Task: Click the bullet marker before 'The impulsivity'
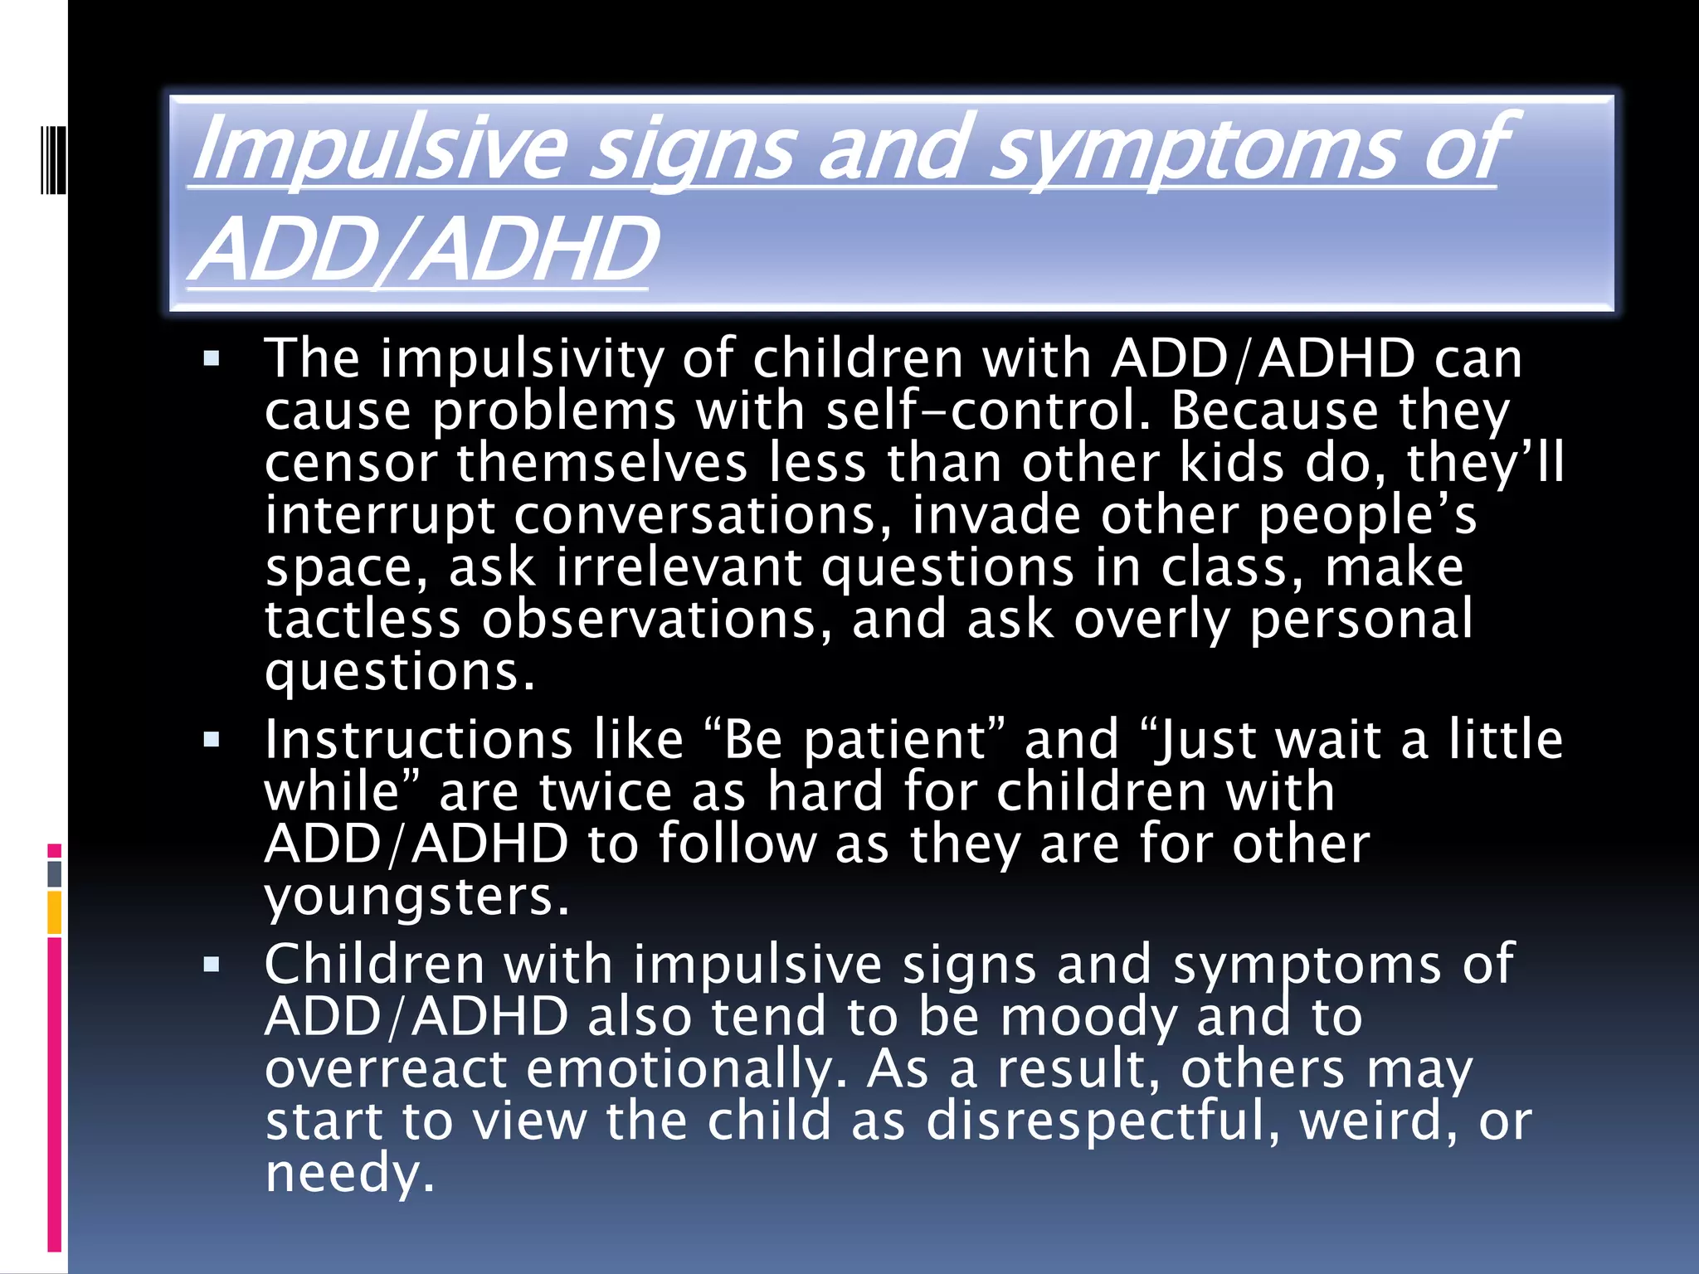click(x=212, y=360)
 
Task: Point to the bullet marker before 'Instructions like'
click(x=212, y=740)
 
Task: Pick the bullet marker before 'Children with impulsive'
click(x=212, y=965)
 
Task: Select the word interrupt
click(x=380, y=516)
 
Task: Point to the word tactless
click(x=363, y=620)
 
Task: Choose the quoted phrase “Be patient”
click(x=854, y=740)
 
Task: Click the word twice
click(x=605, y=792)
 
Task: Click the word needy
click(x=349, y=1174)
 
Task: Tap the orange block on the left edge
click(x=54, y=912)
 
